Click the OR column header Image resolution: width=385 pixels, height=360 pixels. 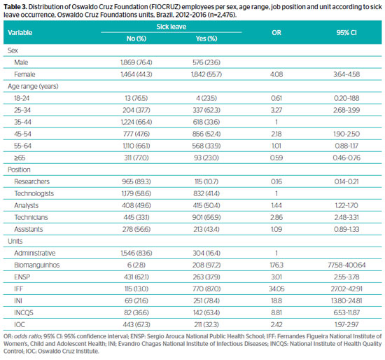point(276,33)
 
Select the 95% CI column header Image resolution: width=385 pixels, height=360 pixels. point(346,33)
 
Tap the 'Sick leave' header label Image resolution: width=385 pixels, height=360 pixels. point(171,27)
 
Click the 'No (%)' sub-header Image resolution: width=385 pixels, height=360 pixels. point(136,39)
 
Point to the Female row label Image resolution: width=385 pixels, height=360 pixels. point(24,74)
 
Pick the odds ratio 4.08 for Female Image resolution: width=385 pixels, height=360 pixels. point(276,74)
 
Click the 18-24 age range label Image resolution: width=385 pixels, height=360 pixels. point(22,98)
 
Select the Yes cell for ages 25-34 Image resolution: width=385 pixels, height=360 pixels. point(206,110)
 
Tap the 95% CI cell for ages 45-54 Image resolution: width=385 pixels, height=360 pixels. point(346,134)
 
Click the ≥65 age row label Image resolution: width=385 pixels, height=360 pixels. point(20,158)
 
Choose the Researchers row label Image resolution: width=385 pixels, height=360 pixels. point(31,181)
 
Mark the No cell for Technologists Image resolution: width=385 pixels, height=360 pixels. point(136,193)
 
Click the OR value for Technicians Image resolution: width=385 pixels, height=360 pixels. point(276,217)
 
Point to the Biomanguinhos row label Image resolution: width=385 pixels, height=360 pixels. point(37,265)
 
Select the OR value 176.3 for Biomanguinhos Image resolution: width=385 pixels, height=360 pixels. point(276,265)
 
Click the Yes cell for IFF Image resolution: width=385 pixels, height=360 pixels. point(206,289)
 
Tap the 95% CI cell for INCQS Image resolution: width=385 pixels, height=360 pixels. point(346,312)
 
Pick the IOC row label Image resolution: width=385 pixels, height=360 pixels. point(20,324)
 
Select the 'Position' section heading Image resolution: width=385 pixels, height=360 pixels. point(19,169)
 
